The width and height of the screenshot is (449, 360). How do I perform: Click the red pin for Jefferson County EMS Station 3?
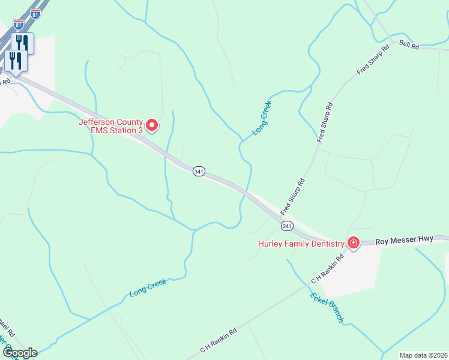[x=152, y=125]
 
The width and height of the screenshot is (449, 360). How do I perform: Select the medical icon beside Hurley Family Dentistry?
[x=353, y=243]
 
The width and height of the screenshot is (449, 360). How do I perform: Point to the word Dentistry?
[x=326, y=244]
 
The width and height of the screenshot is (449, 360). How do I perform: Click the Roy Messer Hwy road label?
[x=404, y=240]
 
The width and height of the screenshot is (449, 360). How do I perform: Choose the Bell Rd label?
[x=408, y=46]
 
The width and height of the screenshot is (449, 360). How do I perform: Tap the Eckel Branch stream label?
[x=327, y=307]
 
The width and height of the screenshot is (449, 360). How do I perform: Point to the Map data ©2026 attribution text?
[x=423, y=355]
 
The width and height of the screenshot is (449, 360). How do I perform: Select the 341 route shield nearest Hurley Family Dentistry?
[x=286, y=226]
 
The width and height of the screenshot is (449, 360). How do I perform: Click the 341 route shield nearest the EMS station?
[x=199, y=172]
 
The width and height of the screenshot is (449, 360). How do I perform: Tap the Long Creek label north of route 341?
[x=262, y=118]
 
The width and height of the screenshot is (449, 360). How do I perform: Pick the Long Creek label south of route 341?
[x=148, y=288]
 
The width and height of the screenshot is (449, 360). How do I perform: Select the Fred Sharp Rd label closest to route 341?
[x=293, y=197]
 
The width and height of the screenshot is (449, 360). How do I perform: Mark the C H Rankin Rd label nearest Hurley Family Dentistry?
[x=327, y=269]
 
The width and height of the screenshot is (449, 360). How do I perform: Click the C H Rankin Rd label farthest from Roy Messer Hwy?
[x=218, y=340]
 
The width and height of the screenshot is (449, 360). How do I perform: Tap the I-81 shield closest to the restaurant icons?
[x=19, y=25]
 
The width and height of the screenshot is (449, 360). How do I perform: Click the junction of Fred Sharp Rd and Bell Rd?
[x=392, y=42]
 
